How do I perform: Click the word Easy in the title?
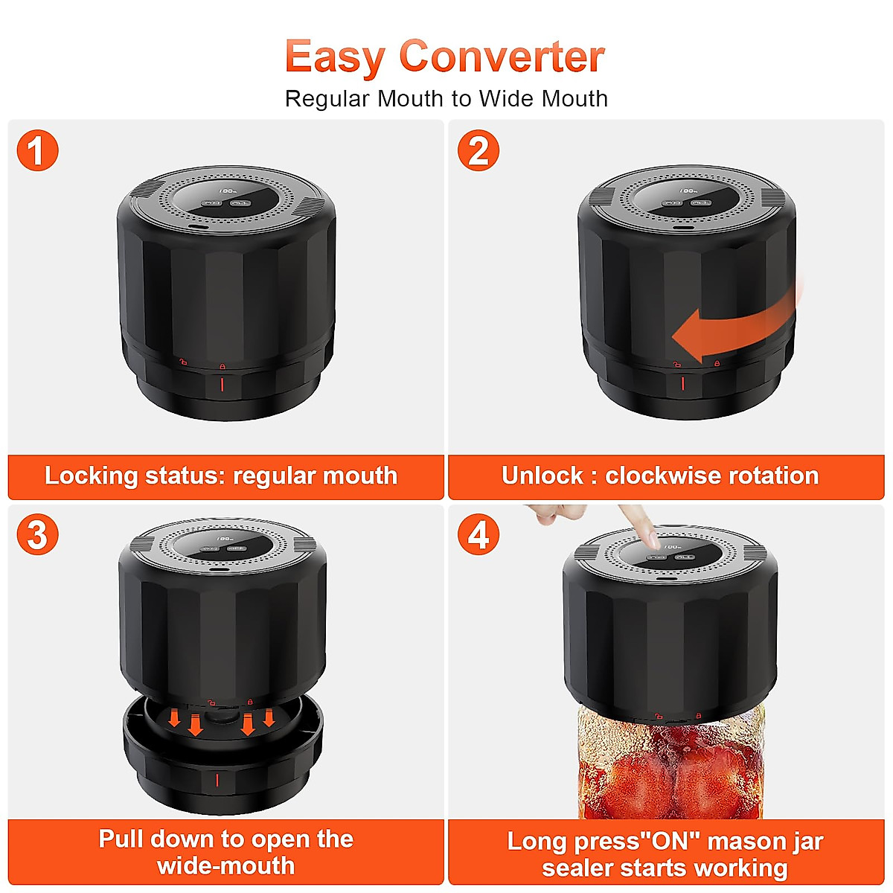[x=335, y=57]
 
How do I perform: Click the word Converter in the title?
[x=502, y=57]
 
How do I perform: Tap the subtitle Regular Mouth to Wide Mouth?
[x=446, y=98]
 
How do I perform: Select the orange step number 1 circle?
[x=37, y=150]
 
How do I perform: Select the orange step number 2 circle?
[x=478, y=150]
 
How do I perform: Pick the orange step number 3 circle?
[x=37, y=534]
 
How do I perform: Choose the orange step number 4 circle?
[x=478, y=534]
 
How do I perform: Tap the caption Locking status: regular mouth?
[x=222, y=476]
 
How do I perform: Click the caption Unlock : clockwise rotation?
[x=660, y=476]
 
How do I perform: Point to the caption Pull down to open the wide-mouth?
[x=225, y=852]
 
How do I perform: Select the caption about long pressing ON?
[x=665, y=854]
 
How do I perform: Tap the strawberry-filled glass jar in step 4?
[x=670, y=766]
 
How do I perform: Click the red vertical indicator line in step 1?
[x=222, y=385]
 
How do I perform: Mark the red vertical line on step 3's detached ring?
[x=217, y=780]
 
